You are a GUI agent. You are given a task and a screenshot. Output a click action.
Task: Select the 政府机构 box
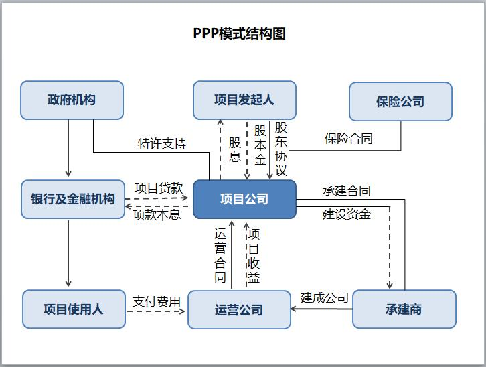72,100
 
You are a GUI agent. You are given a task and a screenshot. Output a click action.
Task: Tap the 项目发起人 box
244,100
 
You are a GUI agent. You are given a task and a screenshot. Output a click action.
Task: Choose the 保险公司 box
400,102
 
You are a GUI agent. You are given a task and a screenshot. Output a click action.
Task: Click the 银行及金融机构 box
73,199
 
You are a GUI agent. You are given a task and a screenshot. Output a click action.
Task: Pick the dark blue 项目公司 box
244,199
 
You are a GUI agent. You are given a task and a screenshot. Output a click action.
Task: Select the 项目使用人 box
74,309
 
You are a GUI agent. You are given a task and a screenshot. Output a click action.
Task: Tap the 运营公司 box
239,309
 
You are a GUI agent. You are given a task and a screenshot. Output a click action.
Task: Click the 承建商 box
404,309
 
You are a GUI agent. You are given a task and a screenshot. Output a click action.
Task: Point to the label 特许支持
162,144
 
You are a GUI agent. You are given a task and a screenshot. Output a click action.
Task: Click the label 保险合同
348,139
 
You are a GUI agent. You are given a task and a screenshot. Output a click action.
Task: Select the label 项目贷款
158,188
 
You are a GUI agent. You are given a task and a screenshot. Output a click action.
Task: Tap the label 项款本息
157,214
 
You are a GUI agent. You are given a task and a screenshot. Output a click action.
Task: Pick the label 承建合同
346,191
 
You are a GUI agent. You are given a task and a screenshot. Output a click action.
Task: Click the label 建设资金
346,214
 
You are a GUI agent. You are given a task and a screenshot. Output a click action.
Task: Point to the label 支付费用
157,301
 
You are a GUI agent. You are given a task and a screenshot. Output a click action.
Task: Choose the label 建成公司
324,297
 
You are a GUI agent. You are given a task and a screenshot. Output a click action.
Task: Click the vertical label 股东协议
281,149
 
